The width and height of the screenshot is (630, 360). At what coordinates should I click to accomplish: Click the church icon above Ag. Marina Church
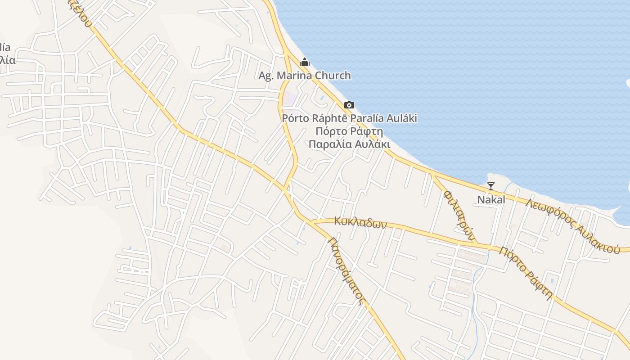click(305, 62)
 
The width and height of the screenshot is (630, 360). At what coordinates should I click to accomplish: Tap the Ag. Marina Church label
click(305, 76)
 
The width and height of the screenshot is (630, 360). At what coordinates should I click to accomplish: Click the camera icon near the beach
click(349, 105)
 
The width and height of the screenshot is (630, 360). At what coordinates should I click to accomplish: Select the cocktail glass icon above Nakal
click(491, 186)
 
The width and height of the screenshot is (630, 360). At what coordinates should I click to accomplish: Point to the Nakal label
click(491, 199)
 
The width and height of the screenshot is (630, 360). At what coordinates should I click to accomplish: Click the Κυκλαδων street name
click(360, 222)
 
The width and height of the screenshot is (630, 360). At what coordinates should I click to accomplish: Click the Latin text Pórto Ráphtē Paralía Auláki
click(349, 118)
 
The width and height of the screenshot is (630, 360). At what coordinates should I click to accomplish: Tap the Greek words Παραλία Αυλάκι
click(349, 144)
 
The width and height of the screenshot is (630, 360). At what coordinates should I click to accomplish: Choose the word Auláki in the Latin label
click(401, 118)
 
